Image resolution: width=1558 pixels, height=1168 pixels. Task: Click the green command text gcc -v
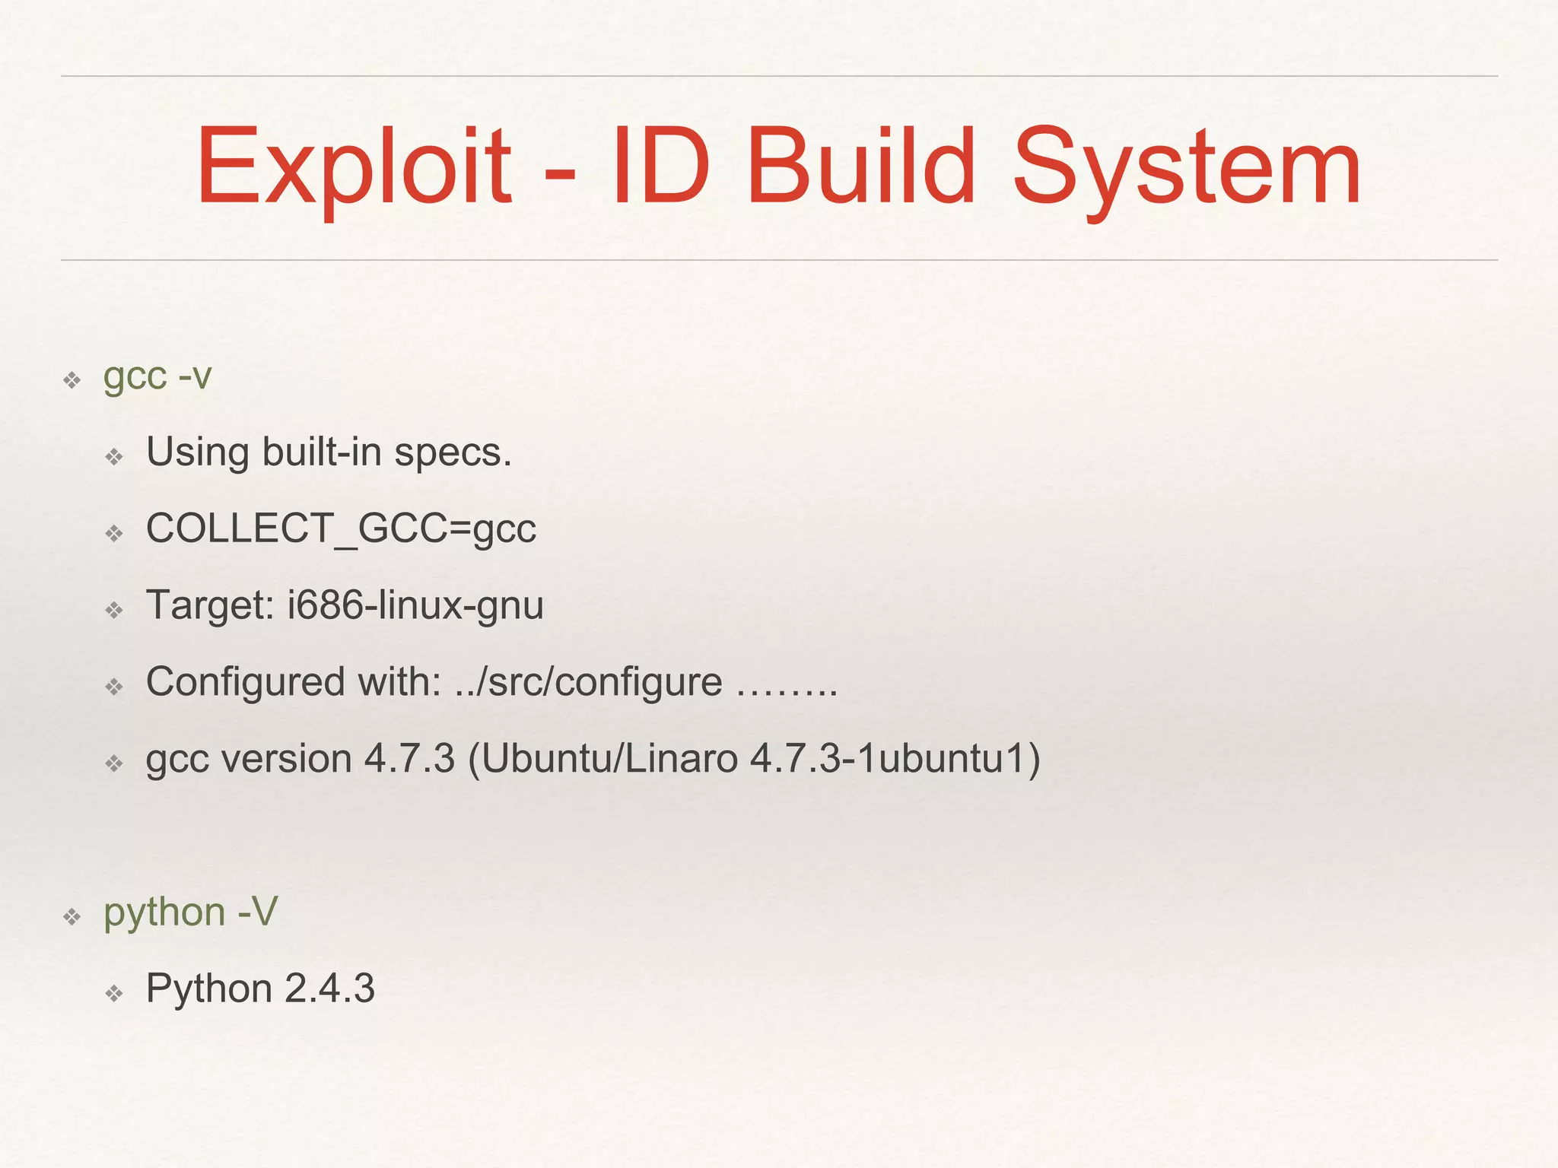pos(157,377)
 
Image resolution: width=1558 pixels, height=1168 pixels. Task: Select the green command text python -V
pos(191,913)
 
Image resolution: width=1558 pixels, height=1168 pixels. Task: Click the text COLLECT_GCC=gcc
pos(341,528)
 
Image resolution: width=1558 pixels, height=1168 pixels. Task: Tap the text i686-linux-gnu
pos(415,606)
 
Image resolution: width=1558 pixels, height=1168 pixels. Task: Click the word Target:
pos(210,606)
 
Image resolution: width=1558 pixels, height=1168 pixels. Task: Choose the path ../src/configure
pos(588,683)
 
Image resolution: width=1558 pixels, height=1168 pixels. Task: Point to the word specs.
pos(453,454)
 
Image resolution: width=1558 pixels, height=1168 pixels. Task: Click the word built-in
pos(322,452)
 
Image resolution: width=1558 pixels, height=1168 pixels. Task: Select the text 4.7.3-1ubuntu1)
pos(895,760)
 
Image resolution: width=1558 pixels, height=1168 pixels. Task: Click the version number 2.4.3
pos(329,989)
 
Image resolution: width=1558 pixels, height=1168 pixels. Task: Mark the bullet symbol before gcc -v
pos(72,380)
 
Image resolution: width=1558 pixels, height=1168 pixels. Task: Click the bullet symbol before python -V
pos(72,916)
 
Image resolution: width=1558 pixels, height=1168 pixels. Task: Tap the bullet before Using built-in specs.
pos(114,457)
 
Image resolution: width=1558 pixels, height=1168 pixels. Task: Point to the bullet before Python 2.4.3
pos(114,993)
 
